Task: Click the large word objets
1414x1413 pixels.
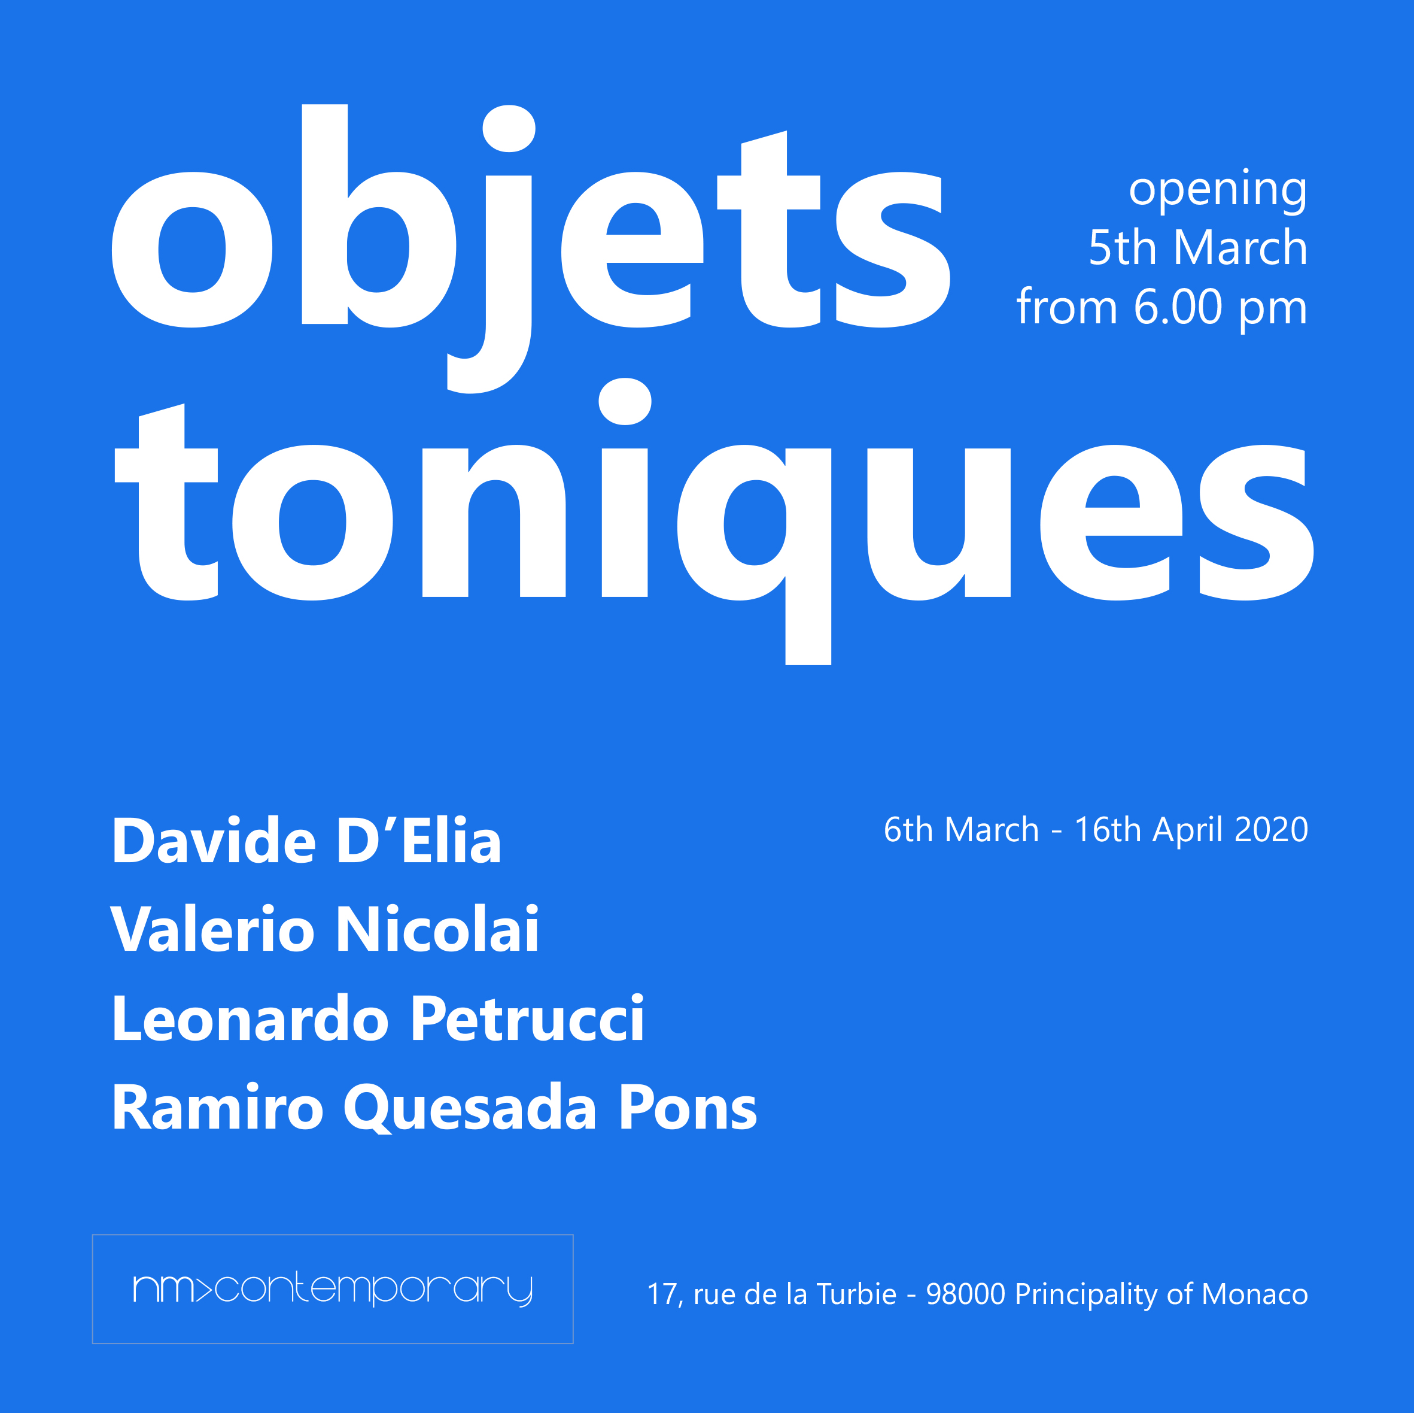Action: tap(531, 249)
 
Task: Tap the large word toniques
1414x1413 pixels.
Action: tap(714, 521)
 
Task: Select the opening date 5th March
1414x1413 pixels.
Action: tap(1198, 247)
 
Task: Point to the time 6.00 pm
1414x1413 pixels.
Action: tap(1220, 308)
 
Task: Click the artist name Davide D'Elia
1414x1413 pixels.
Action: tap(306, 841)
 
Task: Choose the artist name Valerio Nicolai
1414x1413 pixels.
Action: tap(324, 930)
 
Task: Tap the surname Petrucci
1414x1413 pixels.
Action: tap(527, 1019)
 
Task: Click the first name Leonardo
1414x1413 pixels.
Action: tap(250, 1019)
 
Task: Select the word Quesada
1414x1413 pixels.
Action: tap(470, 1109)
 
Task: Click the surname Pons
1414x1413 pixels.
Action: tap(688, 1108)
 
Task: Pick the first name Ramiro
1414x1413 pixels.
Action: tap(217, 1108)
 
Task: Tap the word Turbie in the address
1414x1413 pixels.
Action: tap(856, 1294)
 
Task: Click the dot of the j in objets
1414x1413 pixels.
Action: tap(509, 129)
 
